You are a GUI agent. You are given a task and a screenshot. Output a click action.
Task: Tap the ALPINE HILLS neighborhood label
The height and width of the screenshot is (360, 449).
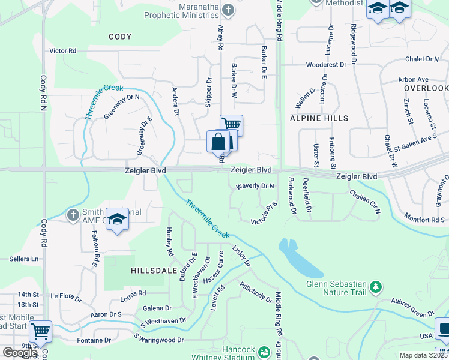(319, 119)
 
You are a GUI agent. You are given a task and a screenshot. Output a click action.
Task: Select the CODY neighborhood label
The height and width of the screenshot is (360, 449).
(120, 37)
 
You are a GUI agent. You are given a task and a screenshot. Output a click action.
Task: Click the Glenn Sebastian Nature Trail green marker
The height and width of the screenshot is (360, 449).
(376, 287)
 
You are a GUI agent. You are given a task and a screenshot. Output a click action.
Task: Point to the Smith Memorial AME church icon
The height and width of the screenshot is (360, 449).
(73, 214)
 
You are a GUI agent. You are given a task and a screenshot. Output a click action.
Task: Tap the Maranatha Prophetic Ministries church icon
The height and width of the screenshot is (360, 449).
(228, 10)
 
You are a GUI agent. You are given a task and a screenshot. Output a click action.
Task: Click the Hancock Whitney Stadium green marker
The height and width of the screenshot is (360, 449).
(262, 350)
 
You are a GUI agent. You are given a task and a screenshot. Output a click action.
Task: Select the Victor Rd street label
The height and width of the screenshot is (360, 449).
(63, 51)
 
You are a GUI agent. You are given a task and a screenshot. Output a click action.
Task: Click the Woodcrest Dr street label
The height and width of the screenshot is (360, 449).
(326, 64)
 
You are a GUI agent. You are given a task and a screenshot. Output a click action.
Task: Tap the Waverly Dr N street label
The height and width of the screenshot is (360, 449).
(255, 186)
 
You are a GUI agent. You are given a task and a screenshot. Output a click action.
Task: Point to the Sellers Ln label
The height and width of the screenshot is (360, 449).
(24, 259)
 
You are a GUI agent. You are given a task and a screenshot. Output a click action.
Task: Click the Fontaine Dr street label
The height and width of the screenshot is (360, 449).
(94, 340)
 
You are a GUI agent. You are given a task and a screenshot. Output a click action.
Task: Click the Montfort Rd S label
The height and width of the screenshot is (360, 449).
(423, 218)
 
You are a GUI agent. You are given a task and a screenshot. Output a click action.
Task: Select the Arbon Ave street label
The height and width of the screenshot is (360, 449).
(413, 79)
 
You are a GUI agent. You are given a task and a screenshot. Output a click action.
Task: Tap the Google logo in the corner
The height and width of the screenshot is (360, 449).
(20, 353)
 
